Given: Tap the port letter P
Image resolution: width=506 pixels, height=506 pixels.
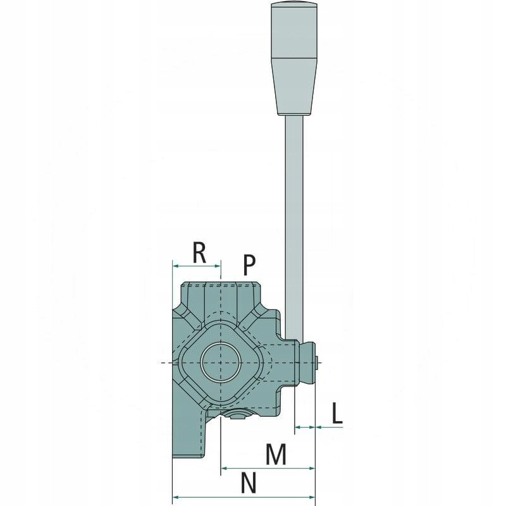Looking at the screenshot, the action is pyautogui.click(x=248, y=264).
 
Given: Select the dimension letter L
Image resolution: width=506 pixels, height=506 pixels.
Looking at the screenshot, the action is pyautogui.click(x=337, y=414).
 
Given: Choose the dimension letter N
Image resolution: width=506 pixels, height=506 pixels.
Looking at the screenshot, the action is pyautogui.click(x=248, y=483).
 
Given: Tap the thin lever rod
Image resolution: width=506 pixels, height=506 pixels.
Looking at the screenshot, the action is pyautogui.click(x=295, y=221).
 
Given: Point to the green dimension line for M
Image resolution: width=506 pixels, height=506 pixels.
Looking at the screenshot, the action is pyautogui.click(x=268, y=468).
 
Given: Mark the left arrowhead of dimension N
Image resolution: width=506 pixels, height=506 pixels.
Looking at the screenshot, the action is pyautogui.click(x=176, y=497).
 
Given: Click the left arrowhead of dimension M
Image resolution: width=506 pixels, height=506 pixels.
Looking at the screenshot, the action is pyautogui.click(x=225, y=468).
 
